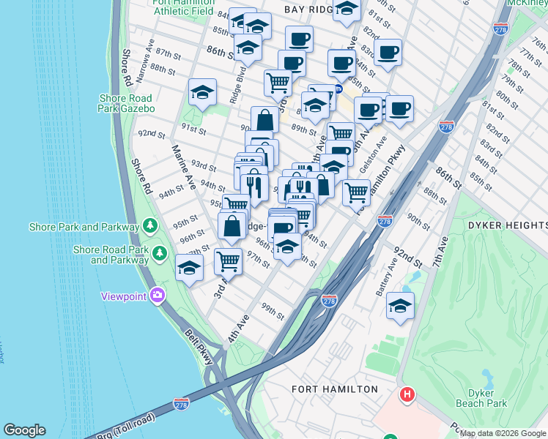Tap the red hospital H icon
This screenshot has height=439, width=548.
[x=407, y=396]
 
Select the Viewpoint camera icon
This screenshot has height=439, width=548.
[x=157, y=296]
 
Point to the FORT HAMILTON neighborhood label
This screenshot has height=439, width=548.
[x=335, y=389]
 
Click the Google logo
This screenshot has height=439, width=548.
[x=24, y=430]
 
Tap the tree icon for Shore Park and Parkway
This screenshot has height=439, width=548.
[x=150, y=225]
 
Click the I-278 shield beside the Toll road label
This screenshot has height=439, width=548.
[x=182, y=404]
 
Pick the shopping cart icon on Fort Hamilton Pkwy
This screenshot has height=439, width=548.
[x=356, y=192]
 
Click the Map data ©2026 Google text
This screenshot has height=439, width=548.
[x=503, y=433]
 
